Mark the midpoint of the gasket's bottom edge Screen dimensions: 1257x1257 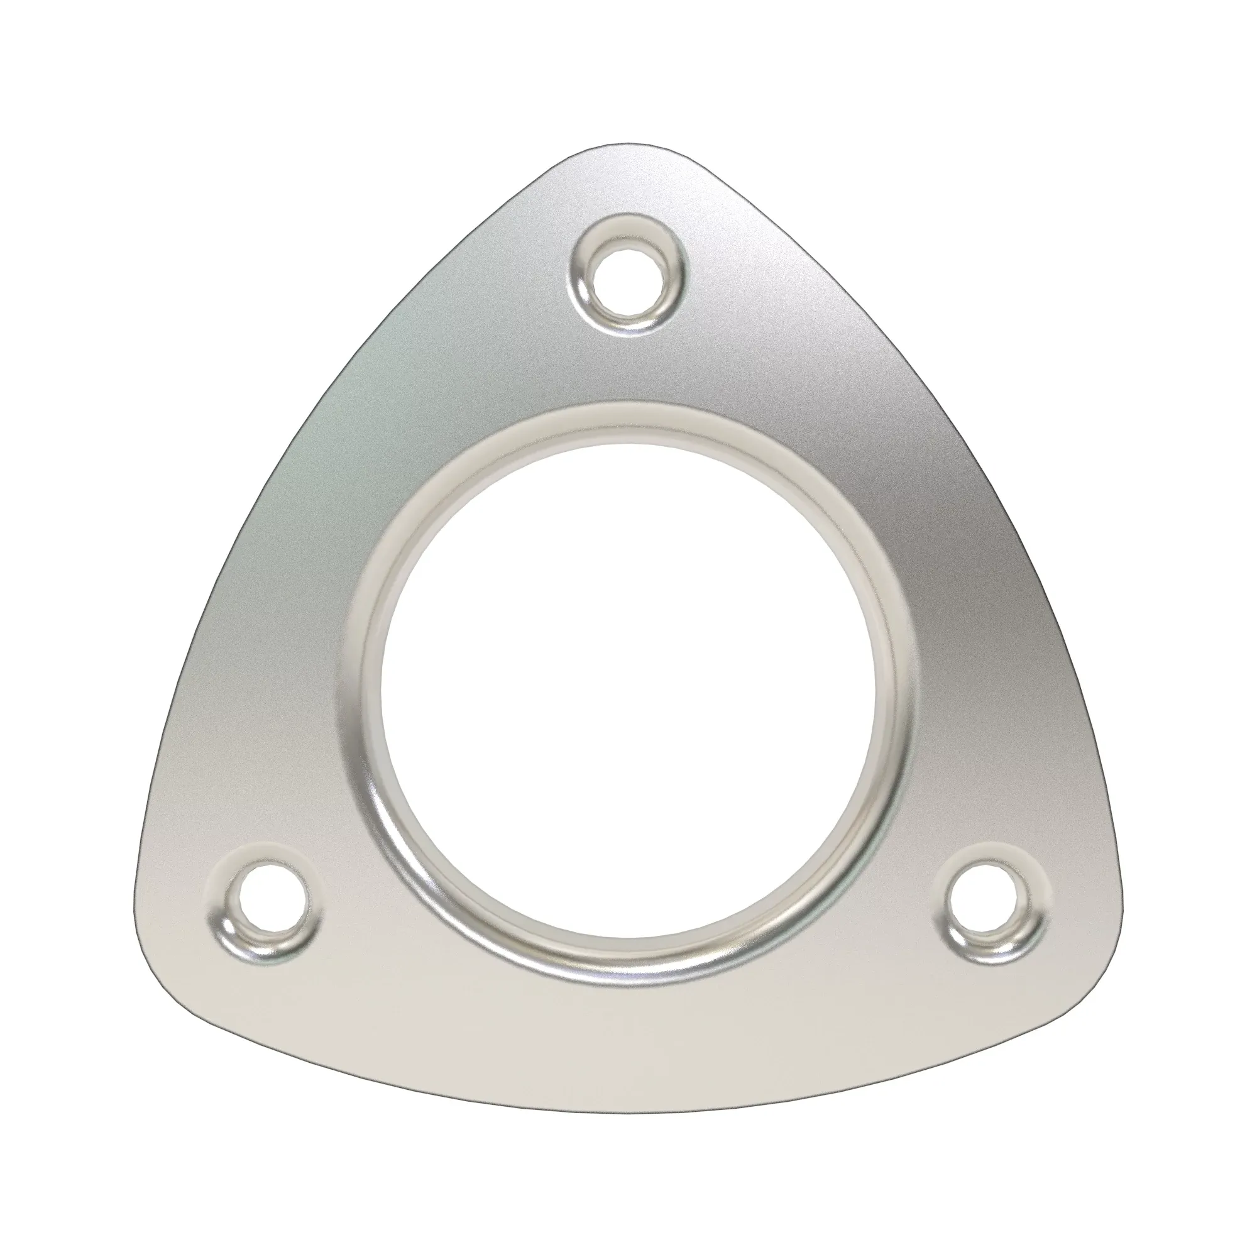pyautogui.click(x=628, y=1107)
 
